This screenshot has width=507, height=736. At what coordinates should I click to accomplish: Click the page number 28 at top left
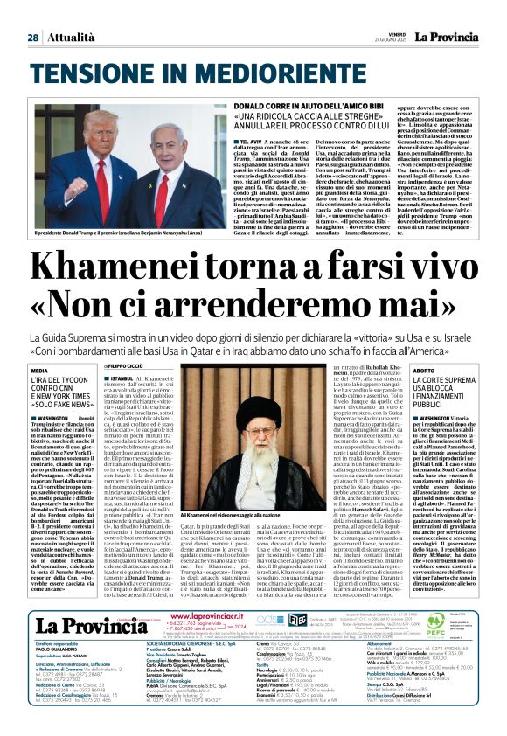32,37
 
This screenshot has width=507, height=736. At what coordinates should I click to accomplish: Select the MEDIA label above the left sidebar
39,371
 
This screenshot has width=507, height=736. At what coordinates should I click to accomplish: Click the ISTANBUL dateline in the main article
122,378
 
